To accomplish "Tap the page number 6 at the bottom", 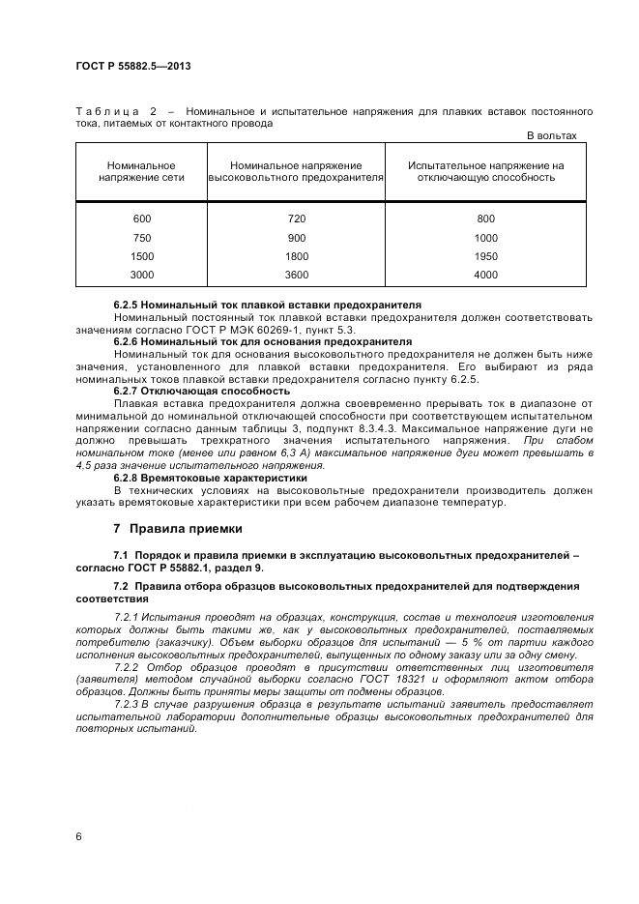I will (78, 835).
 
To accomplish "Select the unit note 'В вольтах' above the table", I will (551, 135).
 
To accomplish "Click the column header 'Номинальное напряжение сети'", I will (141, 172).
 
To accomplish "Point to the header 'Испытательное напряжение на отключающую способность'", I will (485, 172).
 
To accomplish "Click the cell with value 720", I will (297, 219).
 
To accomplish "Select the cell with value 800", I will (485, 219).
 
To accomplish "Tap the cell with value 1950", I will (485, 256).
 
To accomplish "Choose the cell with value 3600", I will (297, 275).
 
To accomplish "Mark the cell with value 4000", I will (485, 275).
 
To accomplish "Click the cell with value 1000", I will (485, 238).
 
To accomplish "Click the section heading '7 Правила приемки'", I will (178, 529).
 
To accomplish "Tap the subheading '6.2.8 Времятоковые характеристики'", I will (210, 478).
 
